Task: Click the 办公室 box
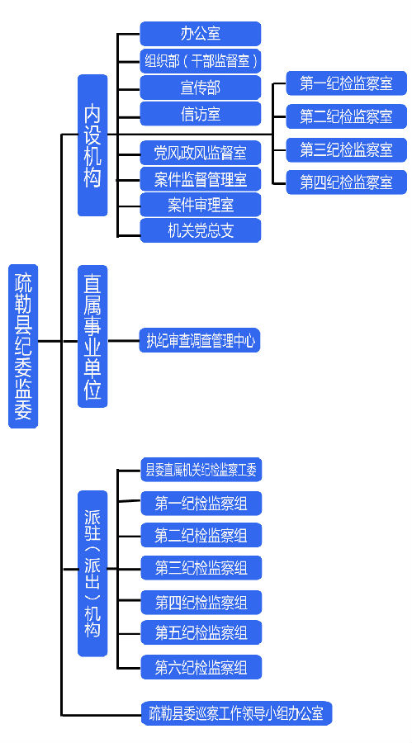point(201,34)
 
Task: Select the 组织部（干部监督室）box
point(201,60)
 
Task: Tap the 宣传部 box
point(201,88)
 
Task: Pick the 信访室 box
point(201,114)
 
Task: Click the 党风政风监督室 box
point(201,153)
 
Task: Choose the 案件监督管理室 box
point(201,178)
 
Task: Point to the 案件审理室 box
point(201,205)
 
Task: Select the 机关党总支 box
point(201,230)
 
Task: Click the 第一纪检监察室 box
point(347,83)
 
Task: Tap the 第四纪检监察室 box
point(347,182)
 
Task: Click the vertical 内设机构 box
point(93,145)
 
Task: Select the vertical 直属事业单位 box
point(93,336)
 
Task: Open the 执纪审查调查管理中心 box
point(200,340)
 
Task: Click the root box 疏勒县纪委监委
point(23,347)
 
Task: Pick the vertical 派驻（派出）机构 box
point(93,574)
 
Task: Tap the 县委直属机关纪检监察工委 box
point(201,470)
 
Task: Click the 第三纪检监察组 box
point(201,568)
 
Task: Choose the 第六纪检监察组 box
point(201,667)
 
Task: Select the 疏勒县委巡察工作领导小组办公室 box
point(237,712)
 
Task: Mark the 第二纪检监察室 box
point(347,116)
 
